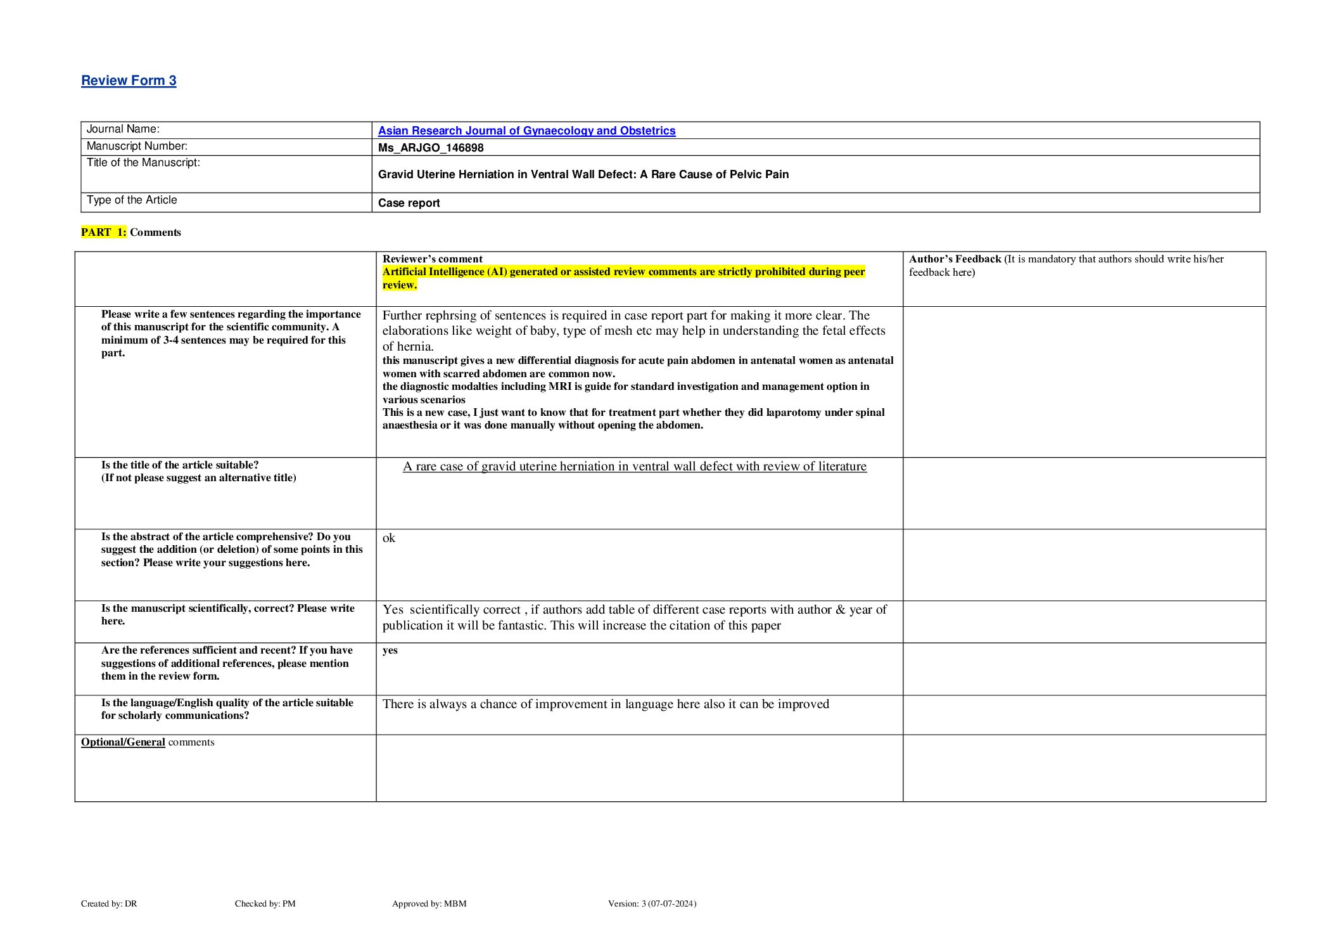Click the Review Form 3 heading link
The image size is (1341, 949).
[129, 81]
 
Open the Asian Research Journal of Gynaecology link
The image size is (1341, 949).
[526, 131]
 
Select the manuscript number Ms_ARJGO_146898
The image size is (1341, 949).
[431, 148]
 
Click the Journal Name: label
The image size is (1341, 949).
[123, 129]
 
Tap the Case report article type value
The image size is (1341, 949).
[409, 203]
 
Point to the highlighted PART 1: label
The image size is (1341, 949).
[103, 232]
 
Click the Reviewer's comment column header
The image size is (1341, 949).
[432, 259]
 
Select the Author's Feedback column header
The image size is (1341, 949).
[955, 259]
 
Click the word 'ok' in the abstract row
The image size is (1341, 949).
[388, 538]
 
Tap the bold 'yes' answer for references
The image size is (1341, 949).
[390, 650]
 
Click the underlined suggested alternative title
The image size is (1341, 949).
[634, 467]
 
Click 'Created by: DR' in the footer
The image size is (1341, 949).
[109, 903]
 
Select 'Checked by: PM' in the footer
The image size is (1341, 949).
[265, 903]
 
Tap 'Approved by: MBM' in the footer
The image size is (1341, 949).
[429, 903]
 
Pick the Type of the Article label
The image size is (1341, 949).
[132, 200]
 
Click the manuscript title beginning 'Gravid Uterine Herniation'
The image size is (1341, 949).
[583, 174]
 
